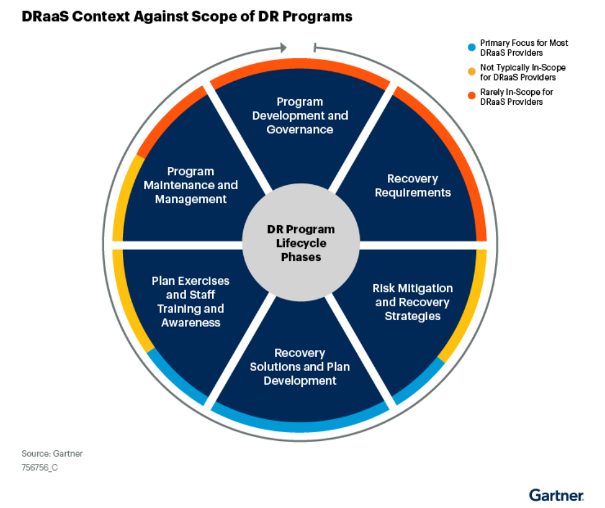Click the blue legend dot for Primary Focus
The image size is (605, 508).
coord(472,47)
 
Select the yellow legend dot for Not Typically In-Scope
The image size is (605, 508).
coord(472,72)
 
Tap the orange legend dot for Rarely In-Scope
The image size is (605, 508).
coord(472,96)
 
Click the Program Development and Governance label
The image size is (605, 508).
coord(300,116)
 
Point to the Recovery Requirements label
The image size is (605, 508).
coord(413,185)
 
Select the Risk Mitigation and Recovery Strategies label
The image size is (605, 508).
coord(413,302)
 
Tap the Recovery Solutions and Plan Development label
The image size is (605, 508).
coord(300,367)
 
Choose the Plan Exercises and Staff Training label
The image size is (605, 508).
coord(190,301)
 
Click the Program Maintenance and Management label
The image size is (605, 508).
coord(190,185)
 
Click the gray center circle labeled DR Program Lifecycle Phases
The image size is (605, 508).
coord(301,243)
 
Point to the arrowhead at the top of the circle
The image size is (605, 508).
coord(284,48)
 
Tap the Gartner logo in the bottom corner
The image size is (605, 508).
coord(557,495)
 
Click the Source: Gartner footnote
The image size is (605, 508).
coord(52,453)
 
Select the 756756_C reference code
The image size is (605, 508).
coord(40,468)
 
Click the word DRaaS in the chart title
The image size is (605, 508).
coord(45,17)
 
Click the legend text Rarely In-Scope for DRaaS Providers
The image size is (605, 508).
coord(517,97)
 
